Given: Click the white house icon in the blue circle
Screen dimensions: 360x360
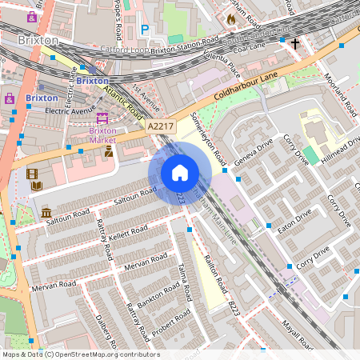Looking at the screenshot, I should coord(179,173).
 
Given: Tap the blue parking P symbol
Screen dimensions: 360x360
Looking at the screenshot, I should coord(145,29).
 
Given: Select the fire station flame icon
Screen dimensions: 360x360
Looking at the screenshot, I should coord(232,18).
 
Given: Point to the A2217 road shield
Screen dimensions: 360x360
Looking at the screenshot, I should coord(159,126).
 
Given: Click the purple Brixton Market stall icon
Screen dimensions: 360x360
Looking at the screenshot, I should coord(102,118).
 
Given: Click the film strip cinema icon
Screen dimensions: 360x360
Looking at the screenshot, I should coord(32,174).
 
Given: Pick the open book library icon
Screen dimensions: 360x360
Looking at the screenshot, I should coord(37,186).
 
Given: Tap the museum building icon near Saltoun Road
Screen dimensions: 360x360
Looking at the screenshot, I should coord(46,213).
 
